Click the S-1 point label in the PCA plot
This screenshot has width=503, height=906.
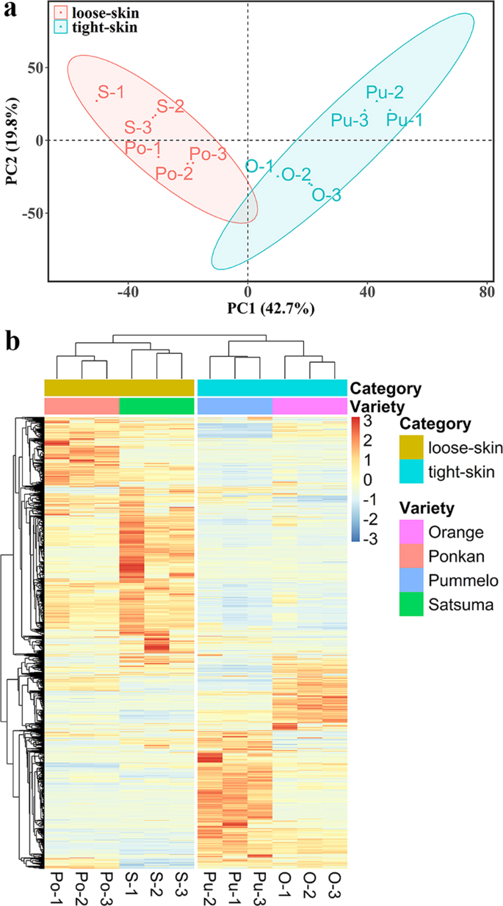click(x=111, y=93)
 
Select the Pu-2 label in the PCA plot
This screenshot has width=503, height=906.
click(x=385, y=93)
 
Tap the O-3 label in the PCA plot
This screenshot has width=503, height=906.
click(x=326, y=195)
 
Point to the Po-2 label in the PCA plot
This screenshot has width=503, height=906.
click(x=174, y=173)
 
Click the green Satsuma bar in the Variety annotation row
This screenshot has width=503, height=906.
click(x=156, y=406)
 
